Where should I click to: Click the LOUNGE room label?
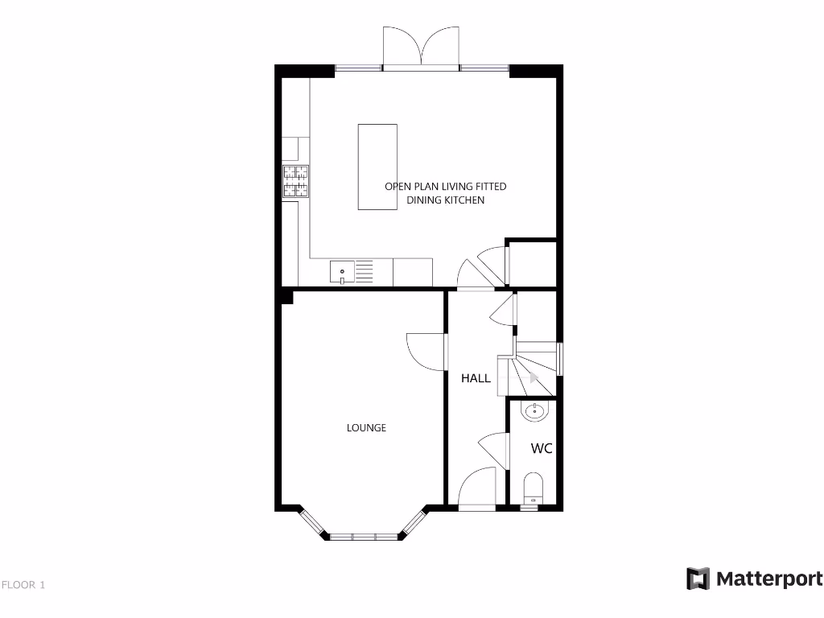point(366,428)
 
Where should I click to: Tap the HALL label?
point(476,378)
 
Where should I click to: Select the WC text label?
point(542,449)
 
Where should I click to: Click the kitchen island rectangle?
point(377,167)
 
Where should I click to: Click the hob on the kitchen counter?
point(295,181)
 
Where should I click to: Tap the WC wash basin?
point(534,412)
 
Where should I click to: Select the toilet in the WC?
point(533,488)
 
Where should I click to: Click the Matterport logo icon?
point(698,579)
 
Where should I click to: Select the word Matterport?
point(768,579)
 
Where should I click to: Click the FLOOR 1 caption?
point(23,585)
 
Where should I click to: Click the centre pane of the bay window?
point(365,536)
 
